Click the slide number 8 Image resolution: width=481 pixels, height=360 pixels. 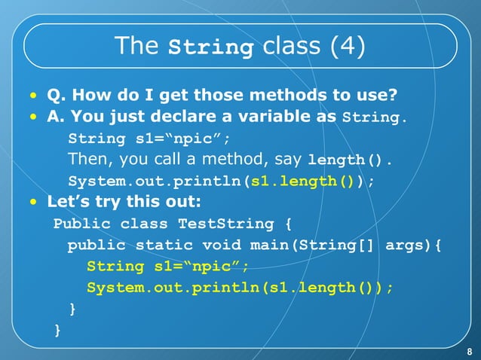tap(469, 352)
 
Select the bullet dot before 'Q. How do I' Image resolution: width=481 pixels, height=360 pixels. tap(32, 96)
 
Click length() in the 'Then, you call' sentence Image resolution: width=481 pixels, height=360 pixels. tap(349, 160)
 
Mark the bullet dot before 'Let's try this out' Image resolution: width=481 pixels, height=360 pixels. tap(32, 203)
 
